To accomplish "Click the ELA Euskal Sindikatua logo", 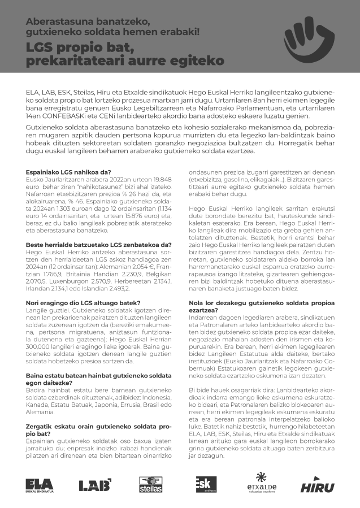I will tap(40, 484).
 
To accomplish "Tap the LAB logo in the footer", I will tap(94, 484).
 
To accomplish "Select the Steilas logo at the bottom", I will tap(151, 484).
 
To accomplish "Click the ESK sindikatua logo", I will tap(206, 484).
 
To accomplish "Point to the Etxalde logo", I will tap(262, 483).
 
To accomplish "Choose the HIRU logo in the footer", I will tap(317, 485).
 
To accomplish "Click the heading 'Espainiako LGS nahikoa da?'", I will tap(69, 172).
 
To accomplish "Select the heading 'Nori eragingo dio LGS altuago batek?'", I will tap(84, 303).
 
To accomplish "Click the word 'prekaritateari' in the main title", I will tap(77, 60).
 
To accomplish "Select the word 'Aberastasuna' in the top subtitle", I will tap(55, 21).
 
